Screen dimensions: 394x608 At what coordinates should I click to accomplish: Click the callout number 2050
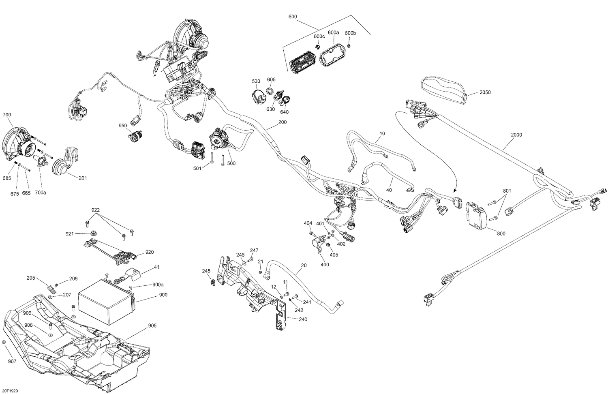[x=485, y=92]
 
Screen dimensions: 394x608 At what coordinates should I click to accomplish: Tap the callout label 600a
[x=333, y=32]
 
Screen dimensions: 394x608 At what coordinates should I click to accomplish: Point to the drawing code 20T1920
[x=9, y=391]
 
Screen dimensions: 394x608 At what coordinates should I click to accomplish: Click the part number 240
[x=303, y=319]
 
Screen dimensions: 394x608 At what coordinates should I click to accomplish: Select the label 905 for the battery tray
[x=152, y=325]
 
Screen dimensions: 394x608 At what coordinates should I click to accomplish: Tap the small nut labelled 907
[x=4, y=343]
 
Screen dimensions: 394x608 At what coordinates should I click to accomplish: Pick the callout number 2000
[x=516, y=135]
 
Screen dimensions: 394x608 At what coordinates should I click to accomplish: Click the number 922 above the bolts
[x=95, y=210]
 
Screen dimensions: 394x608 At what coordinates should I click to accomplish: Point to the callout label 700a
[x=41, y=193]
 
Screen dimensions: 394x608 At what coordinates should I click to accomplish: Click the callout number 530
[x=256, y=81]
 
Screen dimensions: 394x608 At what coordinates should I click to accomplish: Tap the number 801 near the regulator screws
[x=507, y=191]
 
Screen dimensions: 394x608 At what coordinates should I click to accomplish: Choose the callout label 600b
[x=350, y=33]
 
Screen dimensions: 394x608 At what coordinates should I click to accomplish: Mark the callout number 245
[x=206, y=271]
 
